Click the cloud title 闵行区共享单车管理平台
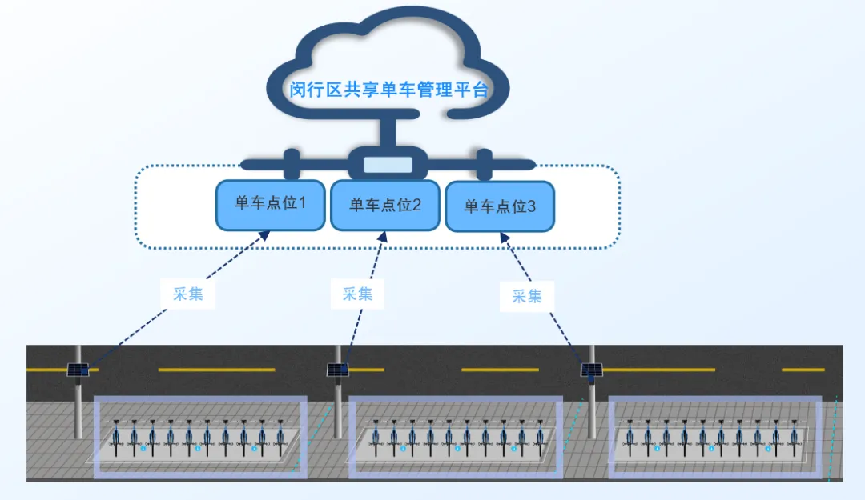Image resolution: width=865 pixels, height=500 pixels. pos(388,90)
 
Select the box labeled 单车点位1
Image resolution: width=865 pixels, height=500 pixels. pos(270,204)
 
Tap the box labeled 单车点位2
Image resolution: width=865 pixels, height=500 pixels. pos(385,206)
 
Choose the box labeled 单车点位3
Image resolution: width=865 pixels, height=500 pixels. pos(500,207)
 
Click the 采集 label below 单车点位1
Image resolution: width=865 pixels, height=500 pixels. pos(187,294)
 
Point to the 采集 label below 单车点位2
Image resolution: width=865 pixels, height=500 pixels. pos(357,294)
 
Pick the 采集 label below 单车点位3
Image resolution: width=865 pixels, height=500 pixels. pos(527,297)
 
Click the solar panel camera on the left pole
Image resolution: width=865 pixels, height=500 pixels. pos(78,370)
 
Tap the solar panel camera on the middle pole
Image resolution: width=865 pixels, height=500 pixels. pos(337,370)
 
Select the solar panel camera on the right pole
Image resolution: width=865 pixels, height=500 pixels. pos(592,370)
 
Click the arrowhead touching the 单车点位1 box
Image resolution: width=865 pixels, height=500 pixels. pos(264,235)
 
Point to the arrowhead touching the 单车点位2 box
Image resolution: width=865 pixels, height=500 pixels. pos(383,238)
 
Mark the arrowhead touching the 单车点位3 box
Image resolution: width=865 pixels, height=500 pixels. pos(504,238)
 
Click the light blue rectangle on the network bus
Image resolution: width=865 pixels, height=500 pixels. pos(388,166)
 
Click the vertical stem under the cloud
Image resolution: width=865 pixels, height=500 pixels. pos(388,130)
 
